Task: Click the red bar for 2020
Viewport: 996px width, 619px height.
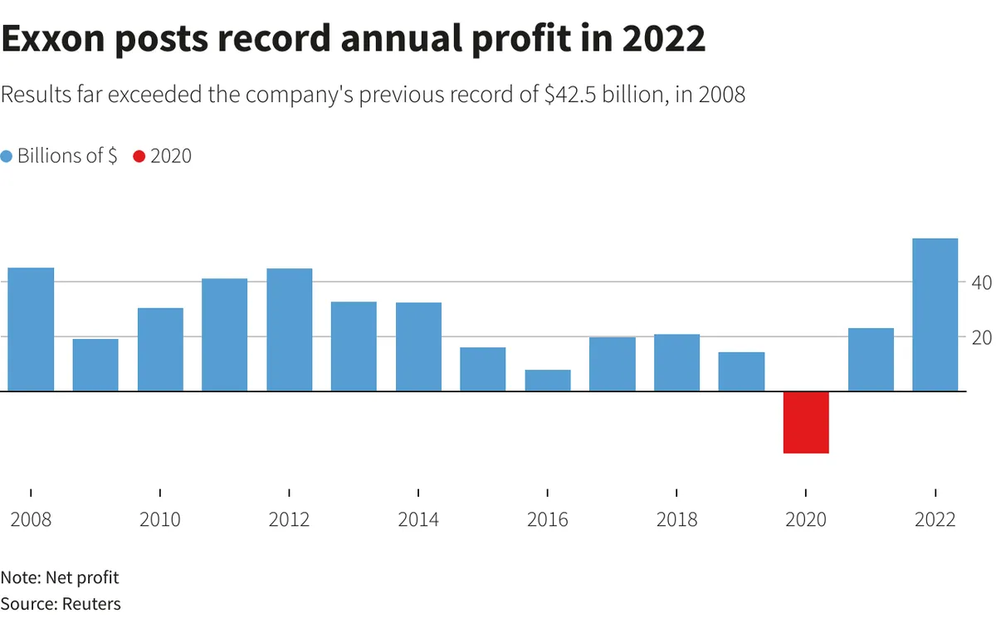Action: (x=806, y=422)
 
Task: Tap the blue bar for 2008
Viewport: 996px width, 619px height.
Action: (x=31, y=329)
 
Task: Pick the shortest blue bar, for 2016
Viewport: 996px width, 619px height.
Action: (x=548, y=381)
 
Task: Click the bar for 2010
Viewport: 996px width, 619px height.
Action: (x=160, y=349)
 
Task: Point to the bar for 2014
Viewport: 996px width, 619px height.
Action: (x=418, y=346)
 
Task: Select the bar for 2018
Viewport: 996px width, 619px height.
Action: (x=676, y=362)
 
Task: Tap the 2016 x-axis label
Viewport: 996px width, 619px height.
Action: (x=548, y=520)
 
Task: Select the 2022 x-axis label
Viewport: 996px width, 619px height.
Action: (x=935, y=520)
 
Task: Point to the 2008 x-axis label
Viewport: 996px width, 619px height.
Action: (x=31, y=520)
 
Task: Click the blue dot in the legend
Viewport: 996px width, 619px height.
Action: (x=7, y=156)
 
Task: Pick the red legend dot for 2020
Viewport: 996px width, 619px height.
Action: (x=139, y=156)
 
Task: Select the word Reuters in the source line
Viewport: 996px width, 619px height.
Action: (x=91, y=603)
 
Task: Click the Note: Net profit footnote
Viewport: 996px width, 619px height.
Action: (x=60, y=577)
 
